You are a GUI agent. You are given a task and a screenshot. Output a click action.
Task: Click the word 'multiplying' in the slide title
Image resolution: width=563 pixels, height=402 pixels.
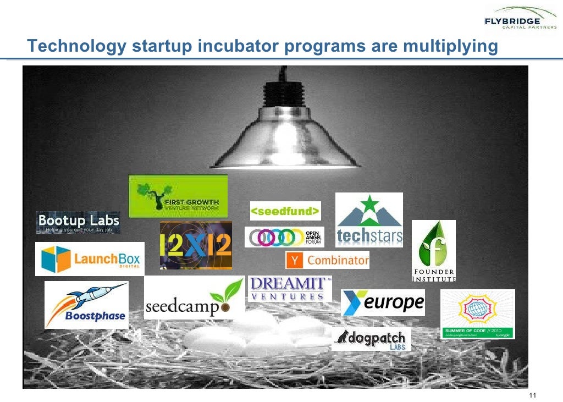[x=450, y=47]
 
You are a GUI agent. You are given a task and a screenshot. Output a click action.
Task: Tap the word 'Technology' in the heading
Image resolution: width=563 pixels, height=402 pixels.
[x=77, y=47]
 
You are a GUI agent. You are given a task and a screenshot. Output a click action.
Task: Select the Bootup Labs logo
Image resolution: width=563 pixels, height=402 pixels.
[x=78, y=223]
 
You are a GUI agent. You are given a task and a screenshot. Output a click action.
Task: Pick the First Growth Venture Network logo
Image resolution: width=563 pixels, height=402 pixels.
[x=178, y=196]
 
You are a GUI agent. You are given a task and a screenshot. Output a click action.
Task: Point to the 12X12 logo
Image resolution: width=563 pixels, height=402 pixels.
[x=196, y=245]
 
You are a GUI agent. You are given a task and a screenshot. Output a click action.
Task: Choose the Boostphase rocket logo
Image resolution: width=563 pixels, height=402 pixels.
[x=86, y=305]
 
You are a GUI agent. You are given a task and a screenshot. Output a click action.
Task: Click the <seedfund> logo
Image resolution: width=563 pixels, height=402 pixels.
[x=285, y=211]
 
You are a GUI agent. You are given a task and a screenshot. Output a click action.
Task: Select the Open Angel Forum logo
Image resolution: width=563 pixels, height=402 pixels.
[x=284, y=236]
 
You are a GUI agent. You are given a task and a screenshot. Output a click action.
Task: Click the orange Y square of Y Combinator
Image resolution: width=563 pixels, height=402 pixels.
[x=295, y=260]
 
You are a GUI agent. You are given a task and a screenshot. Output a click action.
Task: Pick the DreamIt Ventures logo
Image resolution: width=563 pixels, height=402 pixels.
[x=290, y=288]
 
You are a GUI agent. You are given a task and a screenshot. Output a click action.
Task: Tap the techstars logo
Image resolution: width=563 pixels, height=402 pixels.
[x=369, y=220]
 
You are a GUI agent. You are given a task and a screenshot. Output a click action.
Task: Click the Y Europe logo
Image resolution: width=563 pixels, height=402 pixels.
[x=383, y=302]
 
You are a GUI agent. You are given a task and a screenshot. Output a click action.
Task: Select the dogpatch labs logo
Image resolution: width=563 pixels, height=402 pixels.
[x=371, y=339]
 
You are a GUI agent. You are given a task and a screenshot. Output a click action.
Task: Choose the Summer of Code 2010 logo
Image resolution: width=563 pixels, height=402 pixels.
[x=478, y=314]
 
